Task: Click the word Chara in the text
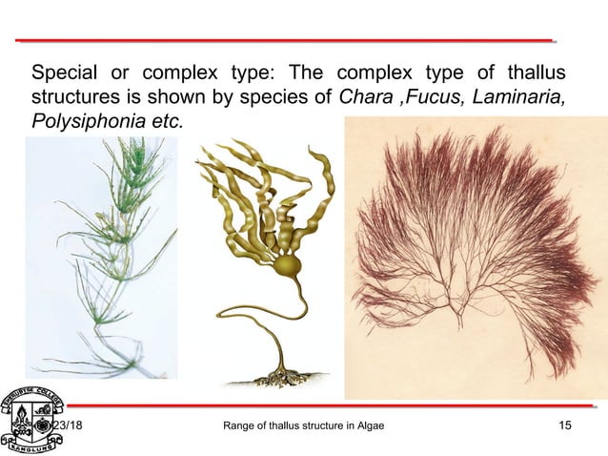pyautogui.click(x=349, y=98)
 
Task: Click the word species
pyautogui.click(x=273, y=98)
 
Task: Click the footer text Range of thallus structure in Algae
pyautogui.click(x=302, y=425)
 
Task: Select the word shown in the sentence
pyautogui.click(x=188, y=98)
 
